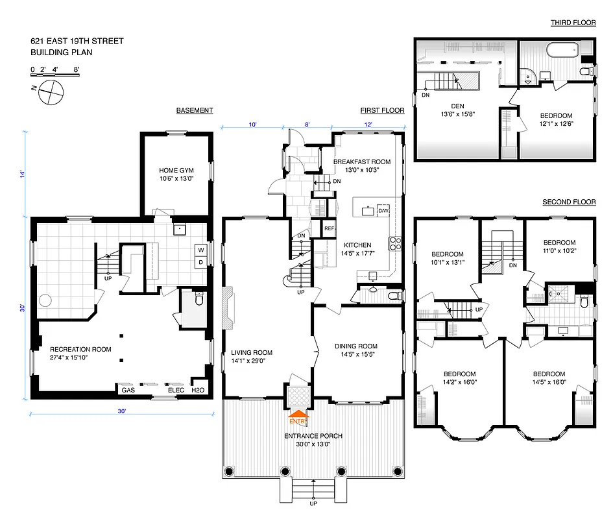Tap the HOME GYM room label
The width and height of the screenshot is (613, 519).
point(176,171)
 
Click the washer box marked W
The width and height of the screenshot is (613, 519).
point(200,250)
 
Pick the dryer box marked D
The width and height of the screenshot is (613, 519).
point(200,262)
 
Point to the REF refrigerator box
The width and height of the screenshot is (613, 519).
point(329,229)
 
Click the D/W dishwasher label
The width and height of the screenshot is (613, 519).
point(383,211)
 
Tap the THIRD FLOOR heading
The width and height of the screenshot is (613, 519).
point(573,23)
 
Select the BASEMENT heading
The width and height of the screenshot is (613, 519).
point(195,110)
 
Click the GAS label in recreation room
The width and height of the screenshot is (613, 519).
point(127,390)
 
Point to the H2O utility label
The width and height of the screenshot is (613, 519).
point(197,390)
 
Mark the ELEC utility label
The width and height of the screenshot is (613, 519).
point(176,390)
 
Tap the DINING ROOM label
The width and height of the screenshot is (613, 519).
point(355,346)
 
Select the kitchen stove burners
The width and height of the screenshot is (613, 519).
point(394,243)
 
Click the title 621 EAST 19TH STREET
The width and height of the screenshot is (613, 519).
point(77,42)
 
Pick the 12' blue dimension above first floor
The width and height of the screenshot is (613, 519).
point(368,124)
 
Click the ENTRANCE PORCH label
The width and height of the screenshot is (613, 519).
point(313,435)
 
